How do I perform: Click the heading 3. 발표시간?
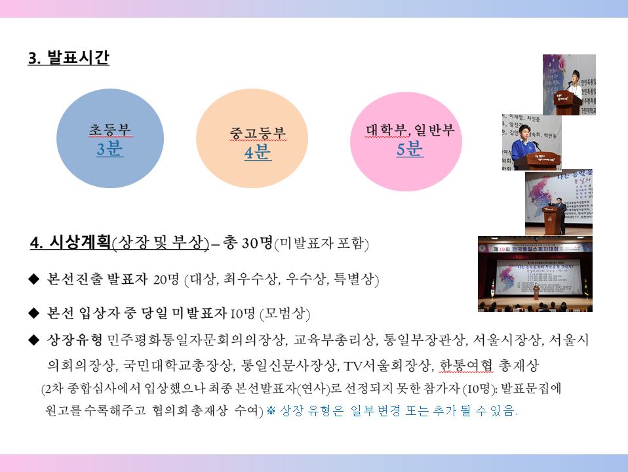coord(68,57)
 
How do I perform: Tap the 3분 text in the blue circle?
coord(109,149)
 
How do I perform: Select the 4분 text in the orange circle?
coord(258,152)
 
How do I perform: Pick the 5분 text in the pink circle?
coord(410,149)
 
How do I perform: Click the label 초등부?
coord(109,129)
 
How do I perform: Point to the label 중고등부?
coord(258,133)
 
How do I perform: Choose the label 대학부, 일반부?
coord(410,130)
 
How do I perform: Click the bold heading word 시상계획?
coord(80,242)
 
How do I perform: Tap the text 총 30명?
coord(248,243)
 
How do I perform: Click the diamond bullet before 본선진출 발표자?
coord(34,279)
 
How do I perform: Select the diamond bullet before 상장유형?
coord(34,340)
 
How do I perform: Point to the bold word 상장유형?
coord(75,340)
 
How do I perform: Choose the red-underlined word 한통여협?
coord(466,365)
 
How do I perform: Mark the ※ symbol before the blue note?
coord(271,410)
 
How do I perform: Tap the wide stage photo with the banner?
coord(535,274)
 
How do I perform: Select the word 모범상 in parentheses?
coord(285,313)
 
